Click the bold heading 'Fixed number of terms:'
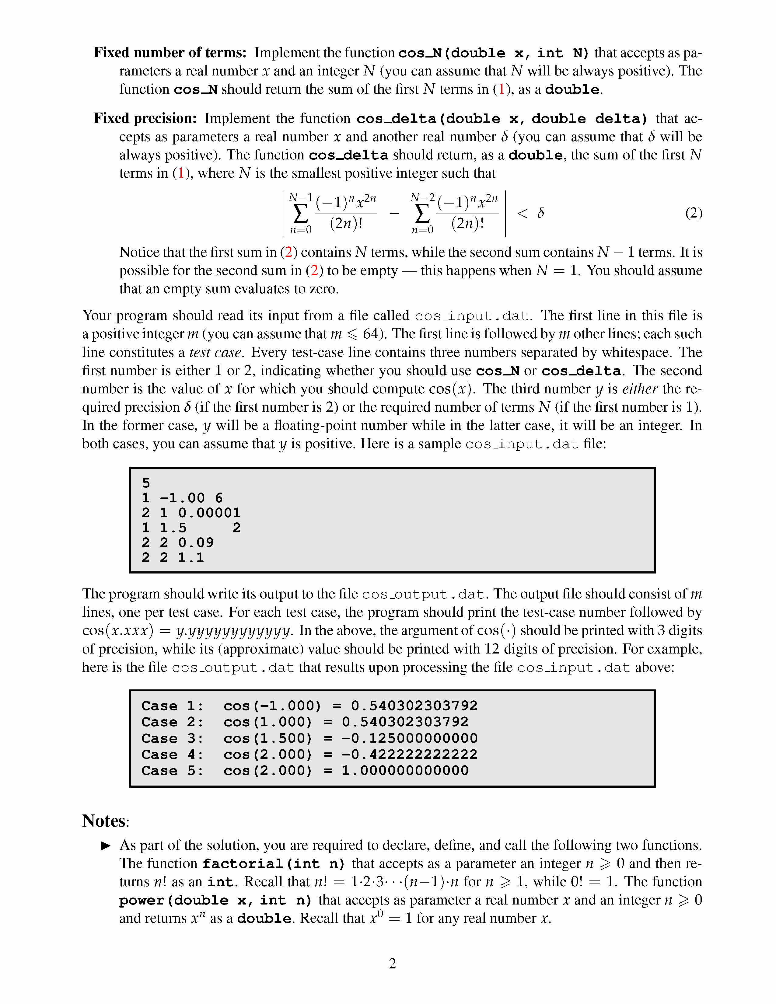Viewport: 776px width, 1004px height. click(170, 52)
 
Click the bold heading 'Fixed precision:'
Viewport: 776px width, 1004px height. click(145, 118)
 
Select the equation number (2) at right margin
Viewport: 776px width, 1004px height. click(693, 213)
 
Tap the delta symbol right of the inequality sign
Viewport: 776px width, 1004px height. click(541, 213)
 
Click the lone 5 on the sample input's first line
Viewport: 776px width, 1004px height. click(146, 483)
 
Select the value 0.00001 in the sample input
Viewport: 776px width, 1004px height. click(209, 513)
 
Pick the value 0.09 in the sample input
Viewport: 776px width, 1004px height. click(196, 542)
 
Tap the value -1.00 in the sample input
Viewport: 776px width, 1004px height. click(182, 498)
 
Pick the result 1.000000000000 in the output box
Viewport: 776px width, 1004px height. click(404, 770)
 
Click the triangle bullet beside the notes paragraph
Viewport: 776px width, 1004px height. click(106, 845)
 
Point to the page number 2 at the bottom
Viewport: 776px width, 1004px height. click(392, 963)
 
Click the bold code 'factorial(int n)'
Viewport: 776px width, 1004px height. click(274, 864)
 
